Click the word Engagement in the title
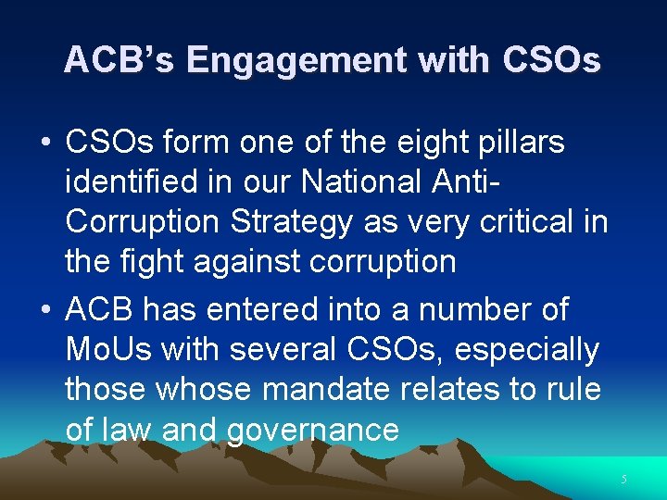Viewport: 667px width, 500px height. (x=296, y=61)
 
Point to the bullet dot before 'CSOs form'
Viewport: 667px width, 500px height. (x=45, y=144)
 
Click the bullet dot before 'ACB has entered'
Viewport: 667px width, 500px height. (x=45, y=309)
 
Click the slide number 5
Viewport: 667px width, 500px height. (x=624, y=480)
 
